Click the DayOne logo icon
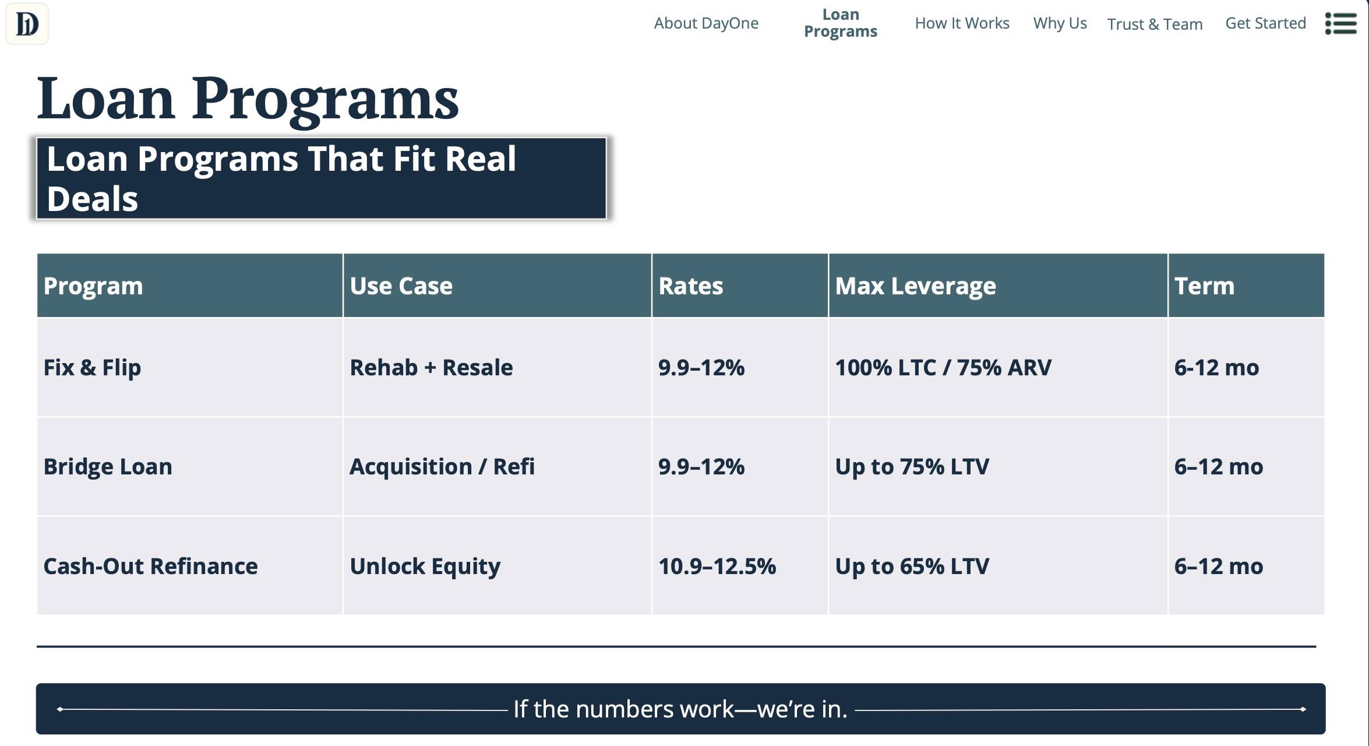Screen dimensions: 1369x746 point(27,24)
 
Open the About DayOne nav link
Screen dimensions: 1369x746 point(706,23)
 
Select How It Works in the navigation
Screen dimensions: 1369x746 point(962,23)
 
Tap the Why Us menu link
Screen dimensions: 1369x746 point(1060,23)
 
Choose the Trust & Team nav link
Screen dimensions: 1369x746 point(1155,24)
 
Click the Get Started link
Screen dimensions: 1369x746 point(1265,23)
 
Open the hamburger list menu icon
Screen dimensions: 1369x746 point(1340,24)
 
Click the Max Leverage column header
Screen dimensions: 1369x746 point(915,286)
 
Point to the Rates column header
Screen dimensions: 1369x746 point(690,286)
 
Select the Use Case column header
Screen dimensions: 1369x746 point(401,286)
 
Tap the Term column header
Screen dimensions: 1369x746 point(1204,286)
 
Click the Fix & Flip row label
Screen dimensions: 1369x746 point(92,368)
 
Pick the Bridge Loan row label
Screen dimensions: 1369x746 point(108,467)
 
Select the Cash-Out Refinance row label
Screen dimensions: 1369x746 point(150,566)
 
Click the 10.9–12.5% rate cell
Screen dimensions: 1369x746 point(717,566)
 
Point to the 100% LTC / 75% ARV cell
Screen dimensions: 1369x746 point(943,368)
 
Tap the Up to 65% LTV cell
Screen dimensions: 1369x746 point(912,566)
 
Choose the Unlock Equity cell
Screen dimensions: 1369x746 point(425,566)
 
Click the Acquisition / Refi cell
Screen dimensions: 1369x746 point(442,467)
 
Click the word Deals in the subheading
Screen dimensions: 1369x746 point(92,199)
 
